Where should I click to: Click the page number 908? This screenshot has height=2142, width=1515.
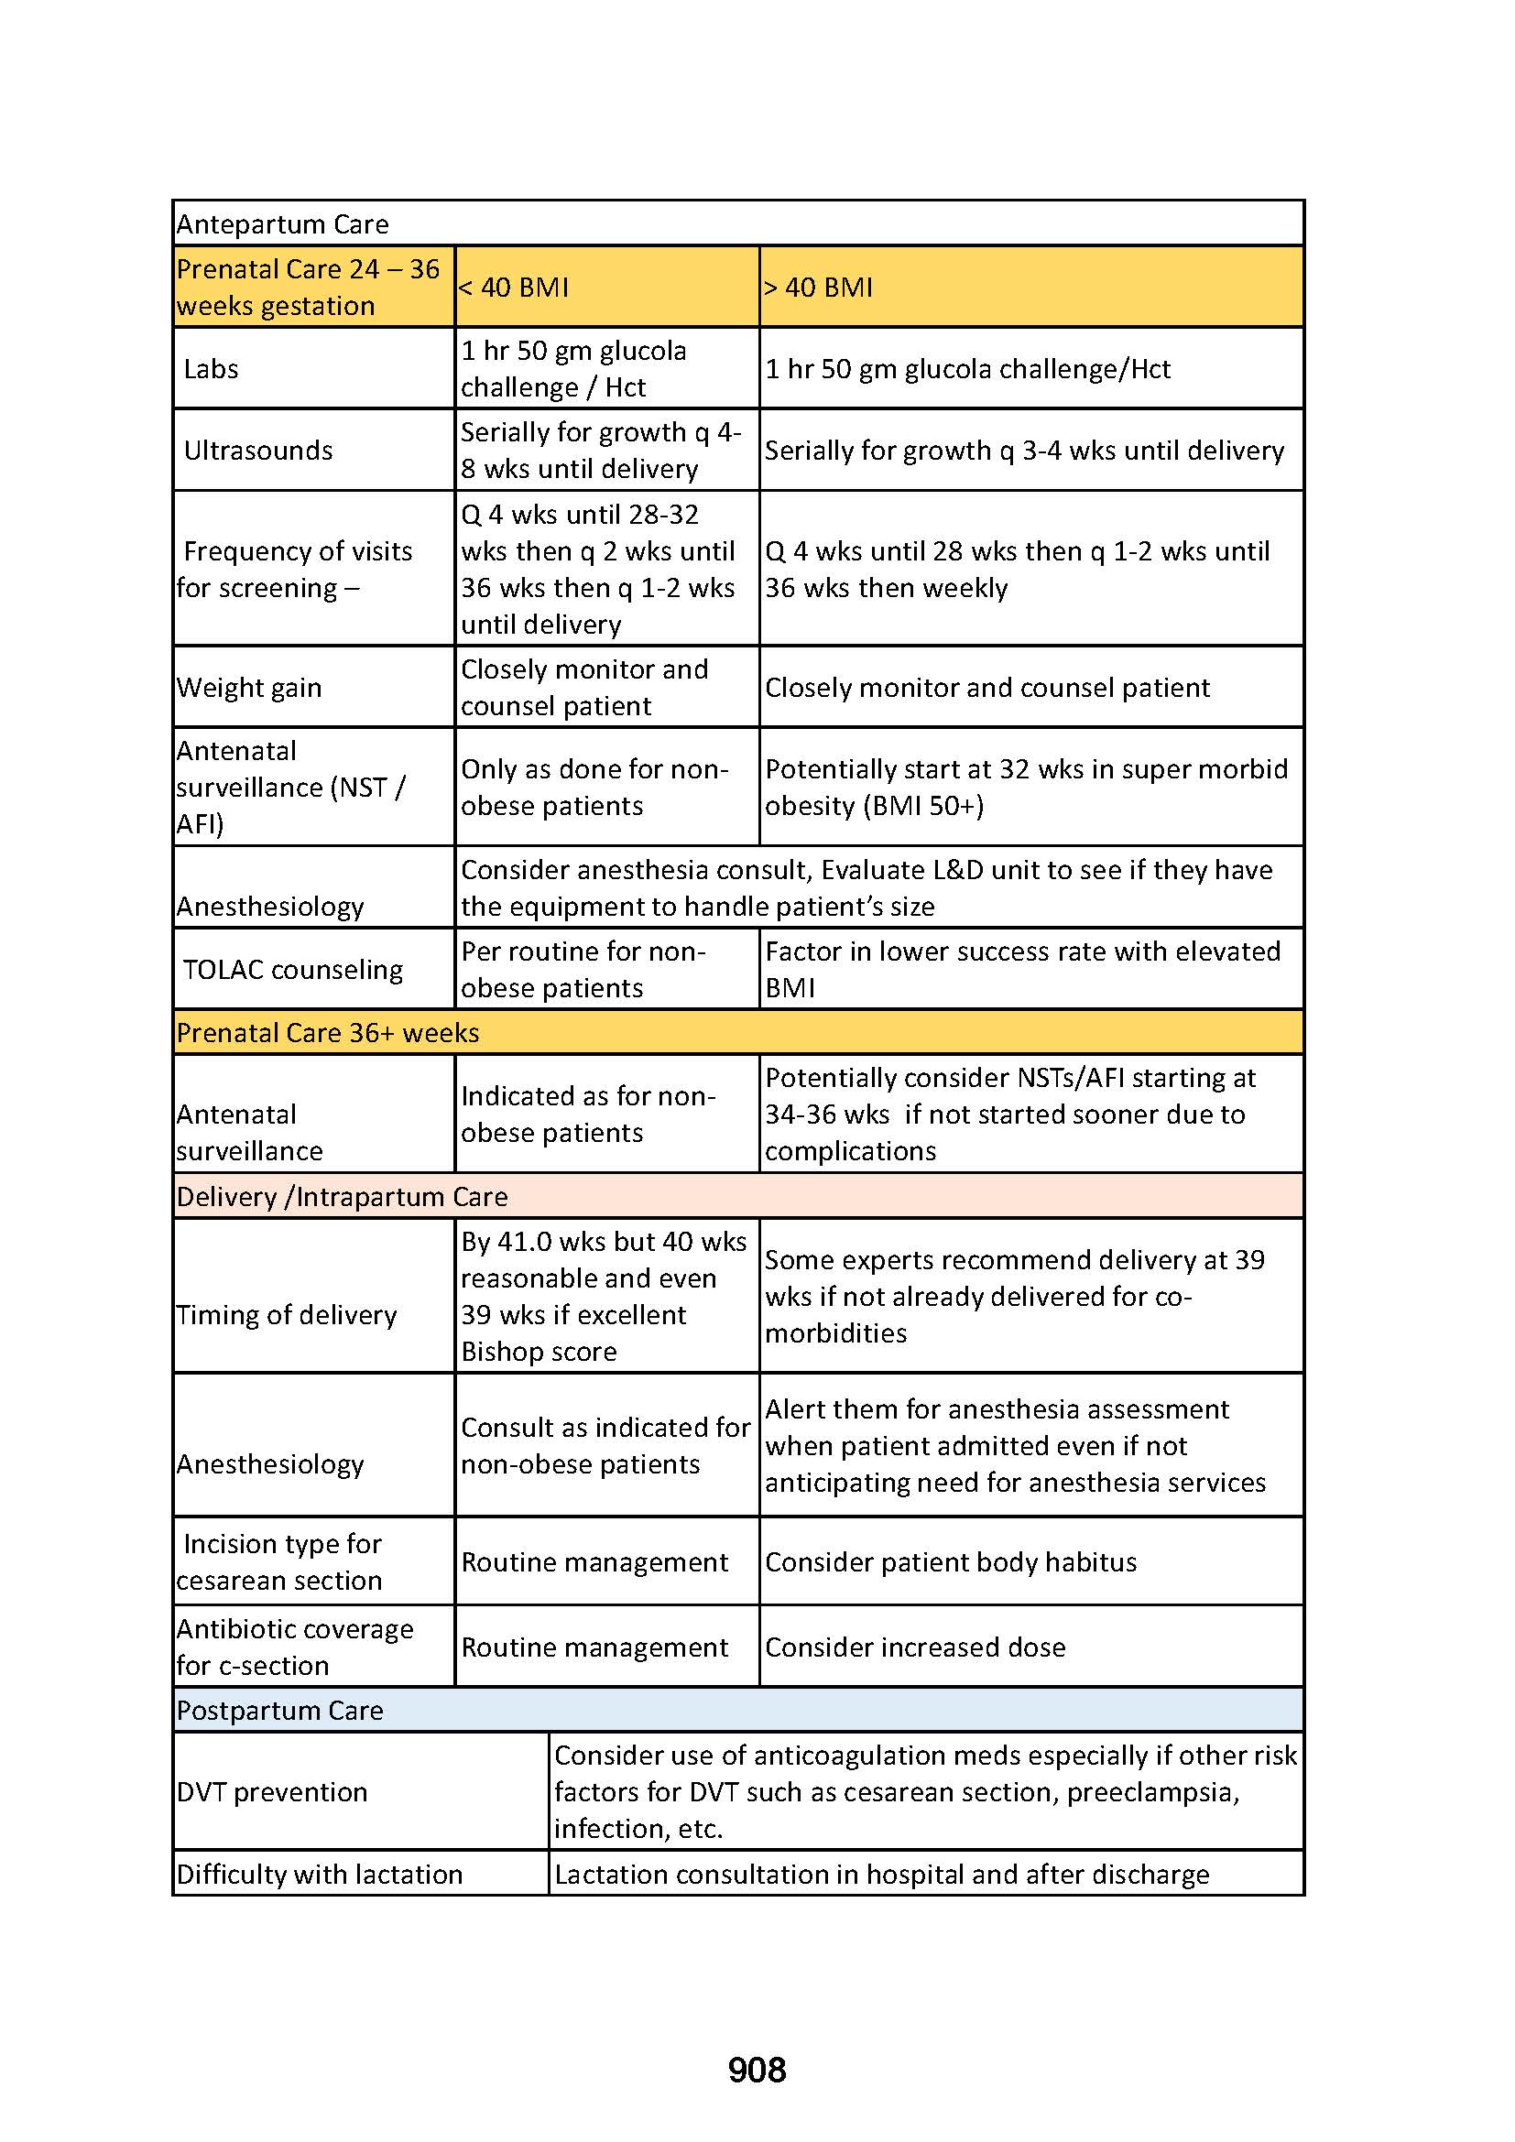click(757, 2071)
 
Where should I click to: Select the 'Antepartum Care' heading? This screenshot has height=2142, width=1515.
click(283, 223)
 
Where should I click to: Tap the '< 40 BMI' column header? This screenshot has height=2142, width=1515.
click(514, 288)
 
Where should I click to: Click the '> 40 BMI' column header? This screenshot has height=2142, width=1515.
click(818, 288)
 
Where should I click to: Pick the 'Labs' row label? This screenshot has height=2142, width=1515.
click(211, 368)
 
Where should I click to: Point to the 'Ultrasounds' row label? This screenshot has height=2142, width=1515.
click(257, 451)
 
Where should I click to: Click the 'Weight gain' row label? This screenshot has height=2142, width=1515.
click(249, 688)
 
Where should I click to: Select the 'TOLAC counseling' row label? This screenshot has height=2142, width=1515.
click(293, 969)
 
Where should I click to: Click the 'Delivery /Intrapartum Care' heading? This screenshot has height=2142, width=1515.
click(343, 1196)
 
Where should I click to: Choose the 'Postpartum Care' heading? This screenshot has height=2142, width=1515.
click(280, 1710)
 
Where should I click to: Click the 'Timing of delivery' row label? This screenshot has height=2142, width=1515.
click(287, 1314)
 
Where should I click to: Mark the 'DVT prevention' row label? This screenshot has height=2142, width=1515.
click(272, 1791)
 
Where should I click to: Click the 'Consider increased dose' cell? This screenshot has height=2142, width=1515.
click(915, 1647)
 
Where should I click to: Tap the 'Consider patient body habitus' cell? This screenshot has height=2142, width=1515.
click(951, 1561)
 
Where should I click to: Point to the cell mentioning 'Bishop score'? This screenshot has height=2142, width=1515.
click(604, 1296)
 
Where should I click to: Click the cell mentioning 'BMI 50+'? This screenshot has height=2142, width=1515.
click(1026, 787)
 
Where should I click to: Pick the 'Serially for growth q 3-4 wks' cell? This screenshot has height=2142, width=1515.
click(1024, 451)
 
